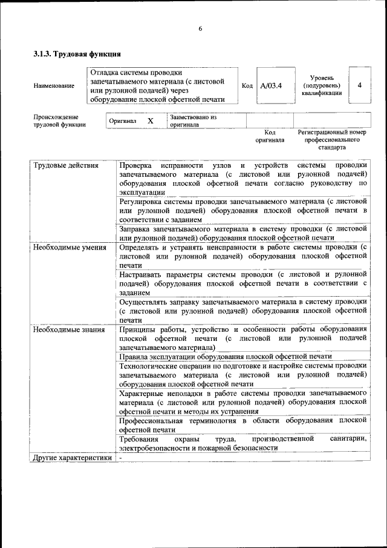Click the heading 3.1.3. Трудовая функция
73,54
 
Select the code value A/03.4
271,85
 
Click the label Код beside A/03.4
247,85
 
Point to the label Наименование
54,85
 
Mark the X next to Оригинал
150,120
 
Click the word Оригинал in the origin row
123,120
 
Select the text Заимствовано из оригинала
193,120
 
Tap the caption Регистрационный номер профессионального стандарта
332,139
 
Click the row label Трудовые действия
66,165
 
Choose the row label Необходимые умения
70,247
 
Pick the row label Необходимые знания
68,329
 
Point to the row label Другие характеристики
73,458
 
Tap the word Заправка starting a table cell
136,229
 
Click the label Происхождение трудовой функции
59,120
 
